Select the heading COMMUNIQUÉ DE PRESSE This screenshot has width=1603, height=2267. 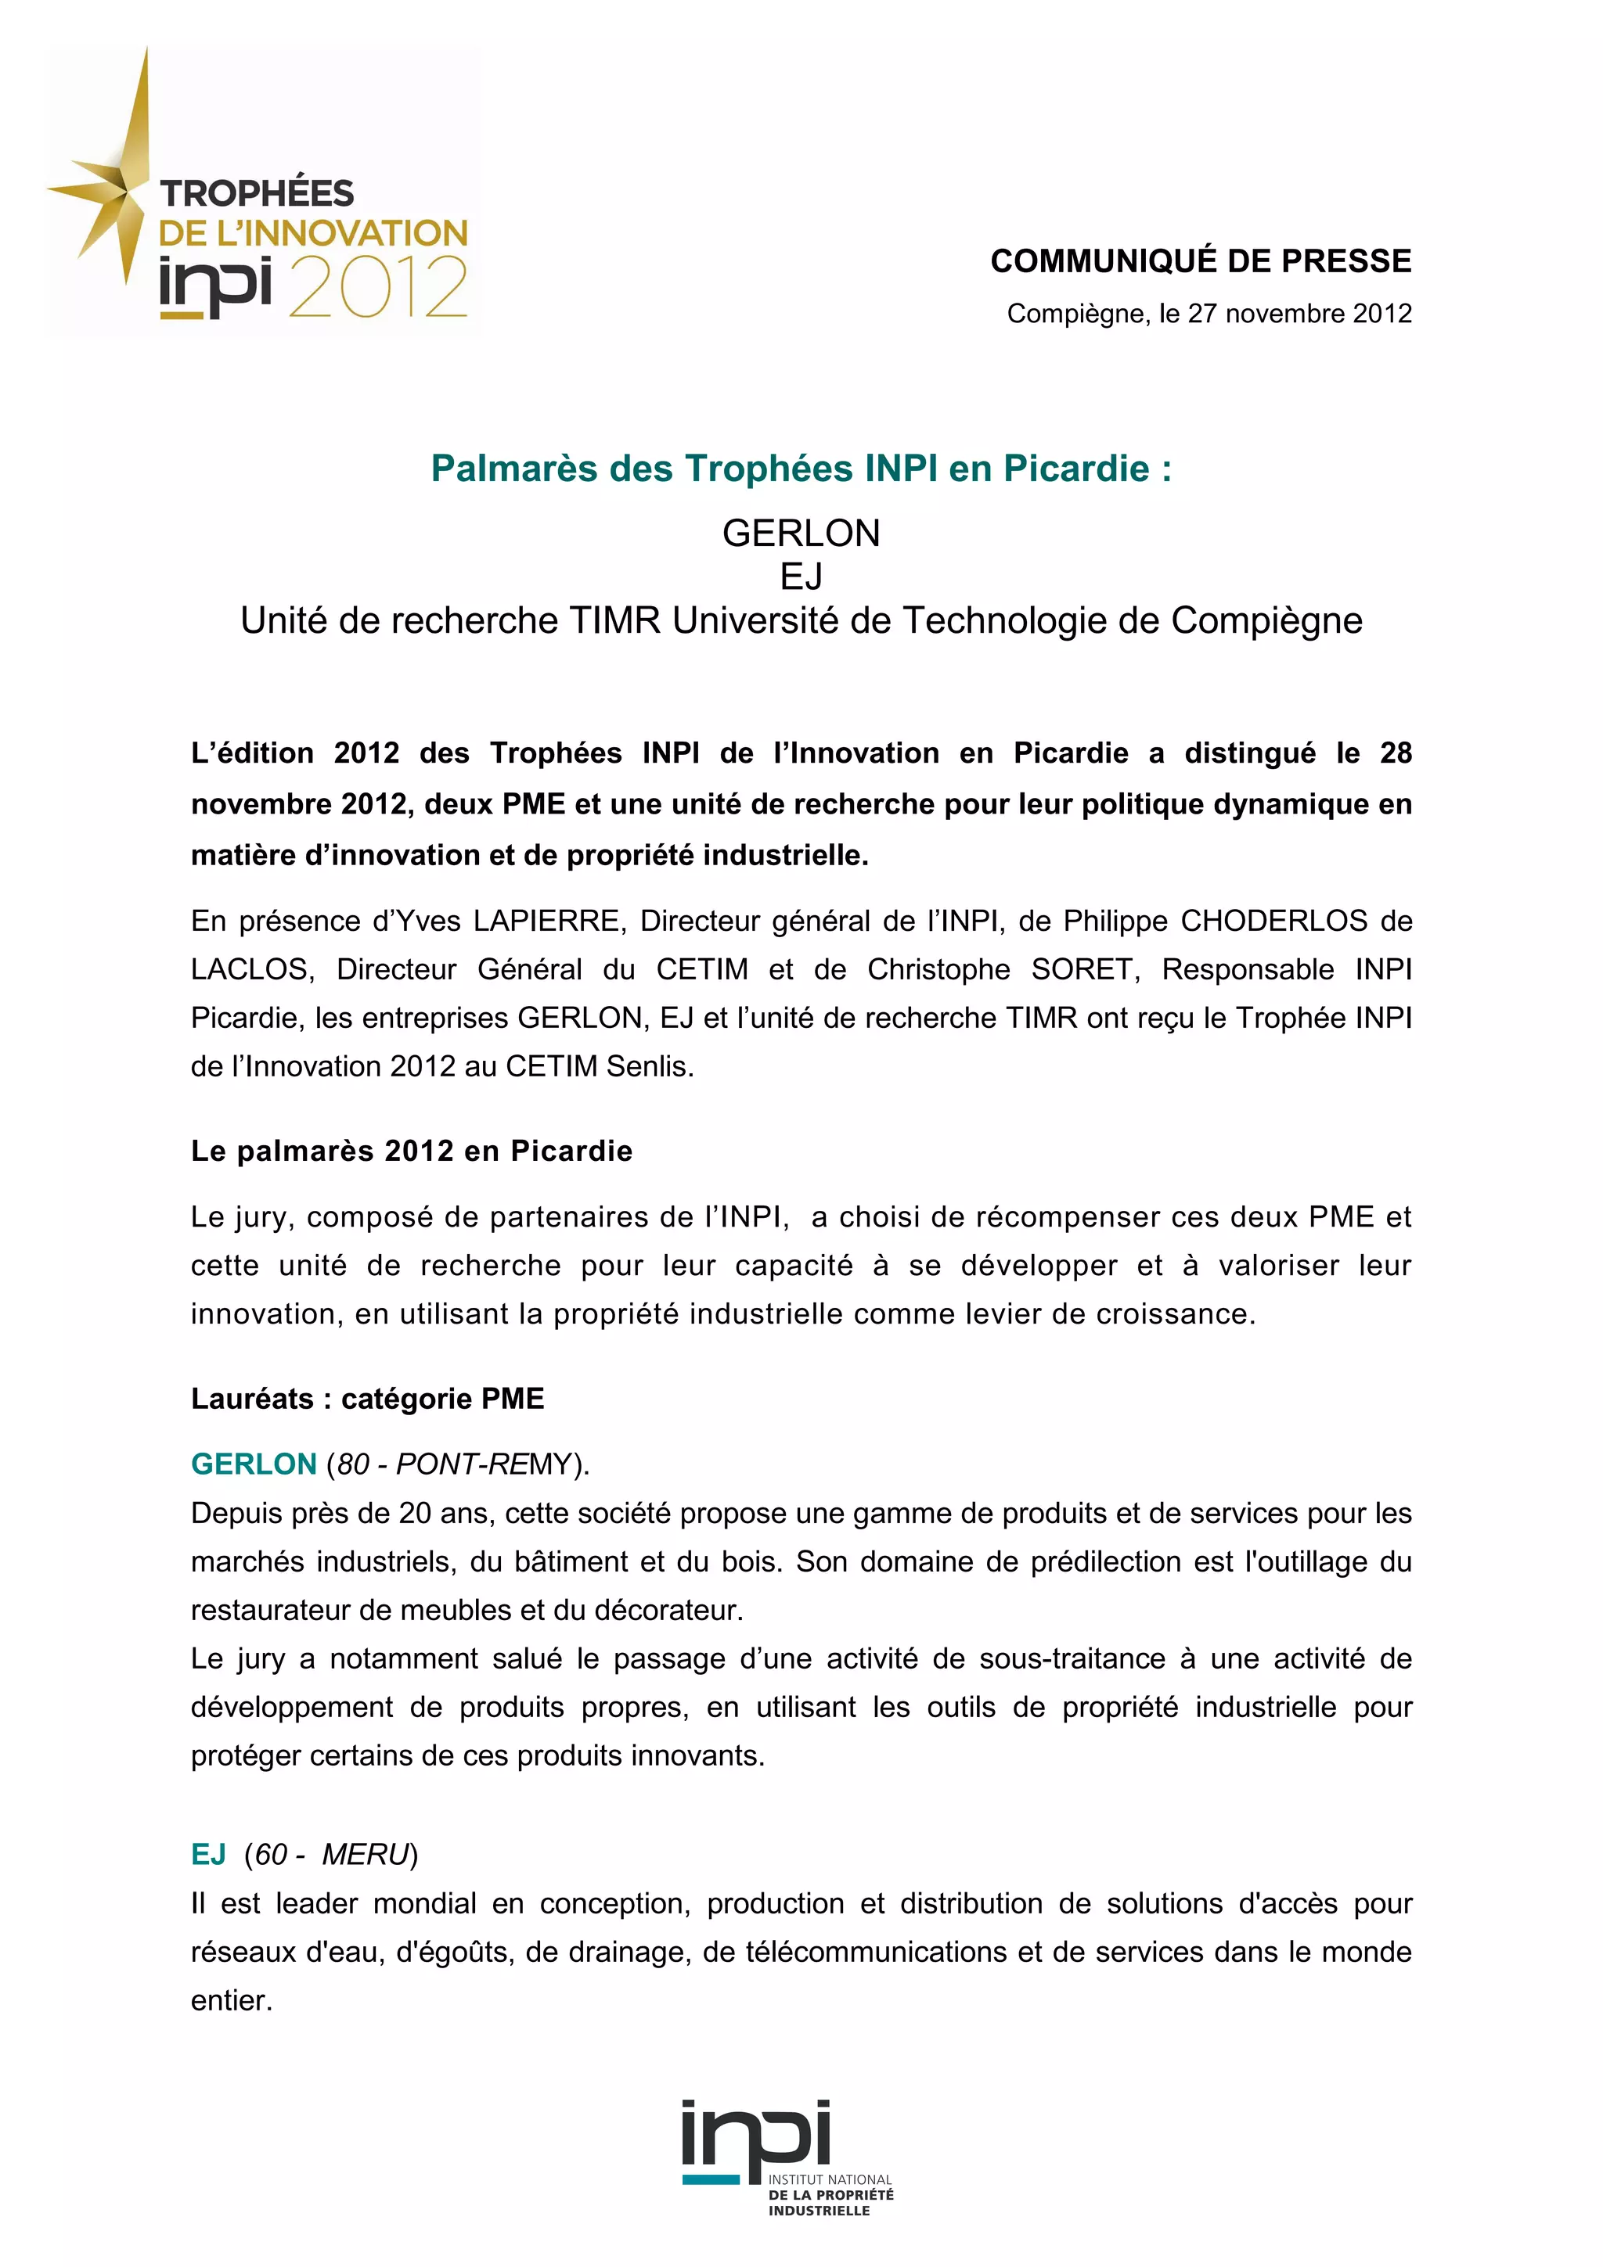point(1200,261)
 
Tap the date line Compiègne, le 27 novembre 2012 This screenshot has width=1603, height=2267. point(1209,314)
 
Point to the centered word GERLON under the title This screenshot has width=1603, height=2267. point(801,534)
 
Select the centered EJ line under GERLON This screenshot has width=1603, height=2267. point(801,577)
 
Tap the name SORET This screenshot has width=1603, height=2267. point(1080,969)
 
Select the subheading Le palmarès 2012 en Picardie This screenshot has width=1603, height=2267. point(412,1151)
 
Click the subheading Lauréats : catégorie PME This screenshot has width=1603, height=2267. point(367,1399)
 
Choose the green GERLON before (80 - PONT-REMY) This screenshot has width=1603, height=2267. point(254,1464)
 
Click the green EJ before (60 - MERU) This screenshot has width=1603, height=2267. point(208,1856)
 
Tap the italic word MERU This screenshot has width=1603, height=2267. point(365,1856)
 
